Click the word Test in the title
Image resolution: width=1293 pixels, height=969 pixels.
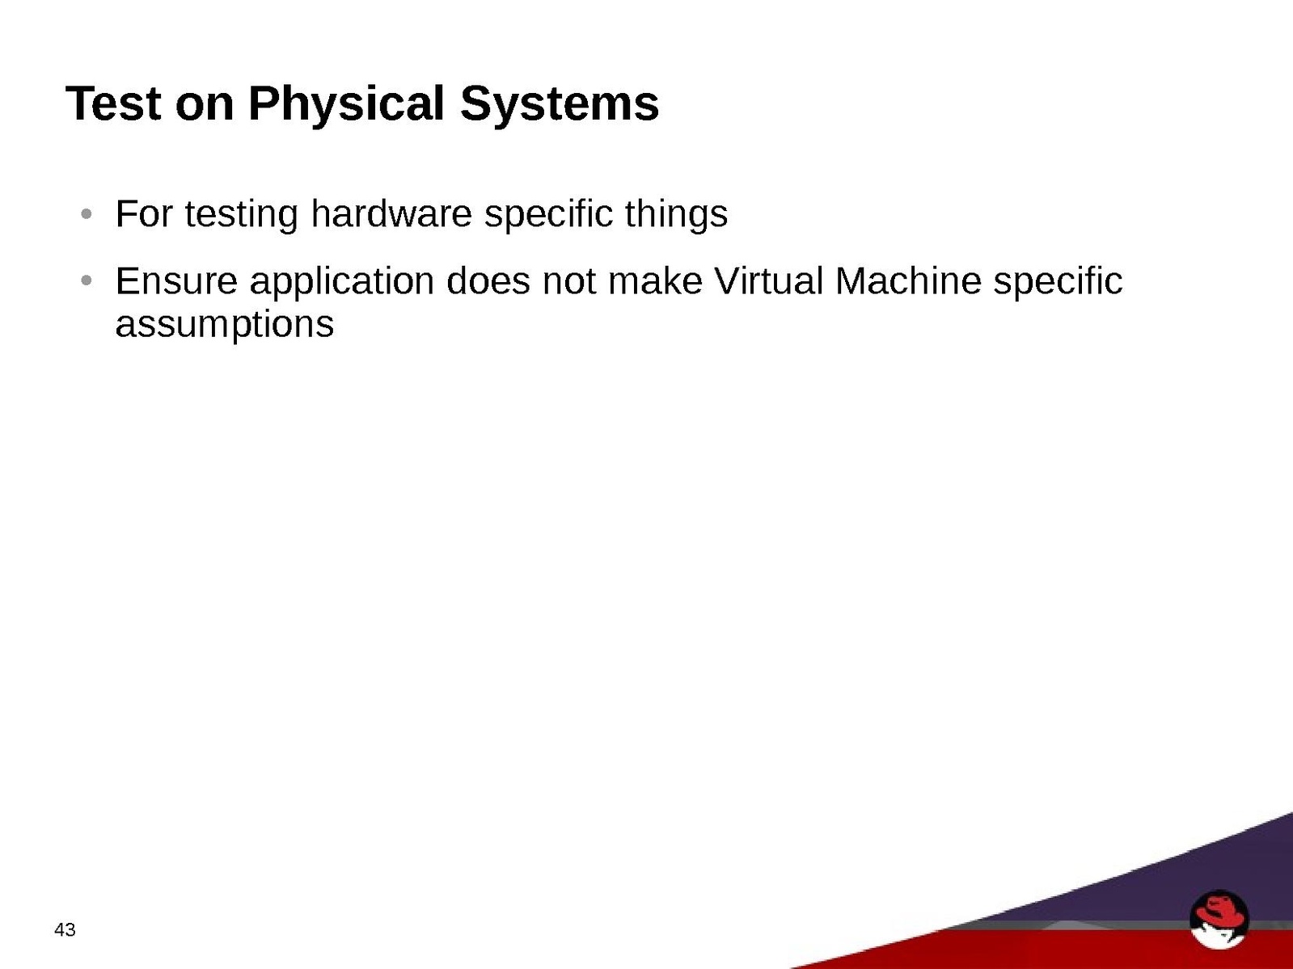[x=113, y=103]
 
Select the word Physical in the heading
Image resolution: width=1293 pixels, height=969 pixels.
[x=346, y=105]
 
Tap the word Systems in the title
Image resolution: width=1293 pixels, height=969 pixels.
[x=559, y=105]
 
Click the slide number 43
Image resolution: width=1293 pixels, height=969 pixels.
[x=65, y=929]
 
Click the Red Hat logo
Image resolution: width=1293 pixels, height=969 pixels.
[x=1219, y=918]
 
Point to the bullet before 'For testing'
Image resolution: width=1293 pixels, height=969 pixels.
[x=86, y=213]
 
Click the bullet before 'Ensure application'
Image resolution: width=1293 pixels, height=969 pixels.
[x=86, y=280]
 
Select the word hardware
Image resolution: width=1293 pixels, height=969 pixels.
[x=391, y=213]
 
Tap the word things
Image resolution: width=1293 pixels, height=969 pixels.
[x=676, y=216]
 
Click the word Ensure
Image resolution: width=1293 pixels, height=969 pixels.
[x=176, y=280]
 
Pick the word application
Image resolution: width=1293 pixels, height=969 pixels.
[x=342, y=283]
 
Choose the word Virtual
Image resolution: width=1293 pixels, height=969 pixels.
[x=768, y=280]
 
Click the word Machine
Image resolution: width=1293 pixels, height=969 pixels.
[x=908, y=280]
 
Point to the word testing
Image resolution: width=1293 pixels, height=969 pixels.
[x=242, y=216]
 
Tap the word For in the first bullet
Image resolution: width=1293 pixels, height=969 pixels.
[x=144, y=213]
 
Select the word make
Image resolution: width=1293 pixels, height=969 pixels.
[x=655, y=280]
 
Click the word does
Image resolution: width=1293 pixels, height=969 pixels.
[x=488, y=280]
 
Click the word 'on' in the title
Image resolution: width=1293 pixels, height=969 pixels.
[x=205, y=107]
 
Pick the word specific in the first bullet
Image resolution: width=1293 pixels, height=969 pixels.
[x=548, y=216]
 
